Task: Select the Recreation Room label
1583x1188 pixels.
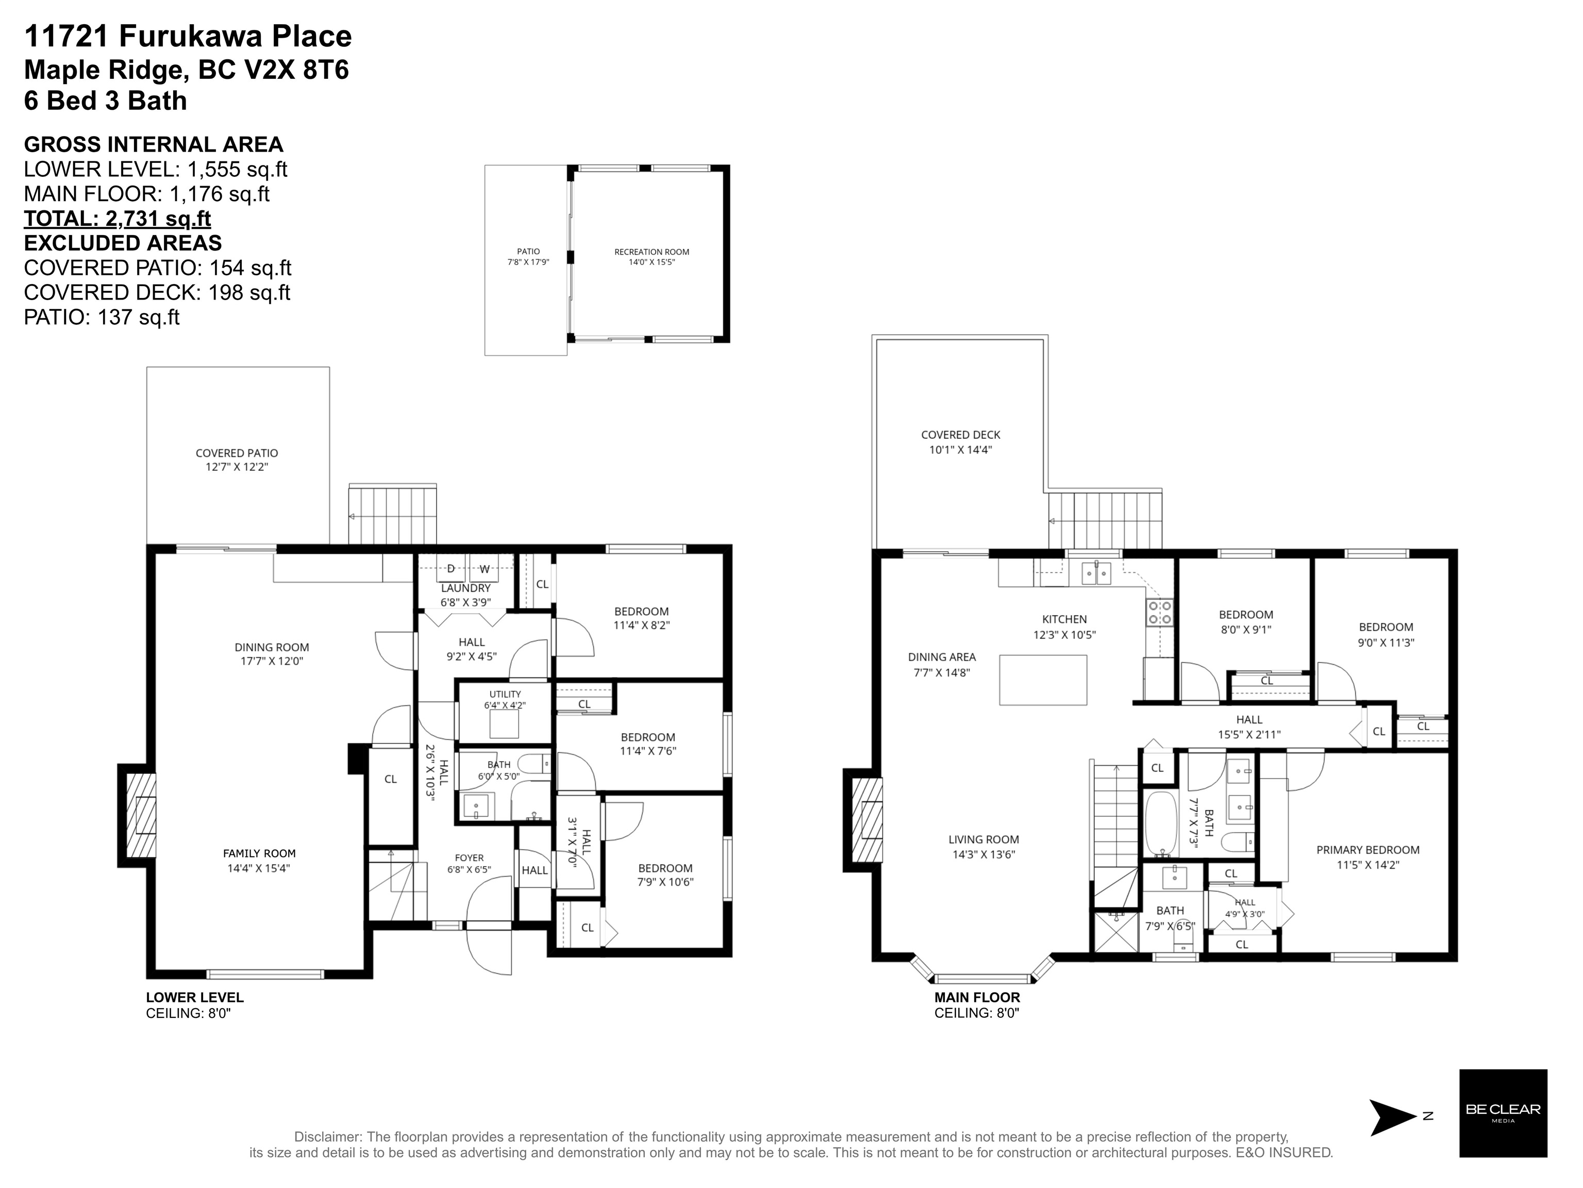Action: point(651,252)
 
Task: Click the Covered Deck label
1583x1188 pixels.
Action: point(960,434)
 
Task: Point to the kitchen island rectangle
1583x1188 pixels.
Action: point(1043,680)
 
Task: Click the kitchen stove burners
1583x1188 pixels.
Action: point(1160,613)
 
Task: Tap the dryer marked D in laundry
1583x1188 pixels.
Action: point(451,569)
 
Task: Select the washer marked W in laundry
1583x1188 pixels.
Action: point(485,569)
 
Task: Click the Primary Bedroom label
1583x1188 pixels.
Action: point(1368,850)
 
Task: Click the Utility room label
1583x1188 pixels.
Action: point(505,694)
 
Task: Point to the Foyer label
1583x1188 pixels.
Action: point(470,858)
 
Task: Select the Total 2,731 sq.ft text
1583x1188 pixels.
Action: point(118,218)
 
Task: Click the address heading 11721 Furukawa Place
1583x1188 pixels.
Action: point(188,36)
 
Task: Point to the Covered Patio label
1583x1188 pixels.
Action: point(237,453)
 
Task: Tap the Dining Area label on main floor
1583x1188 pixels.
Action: point(942,657)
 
